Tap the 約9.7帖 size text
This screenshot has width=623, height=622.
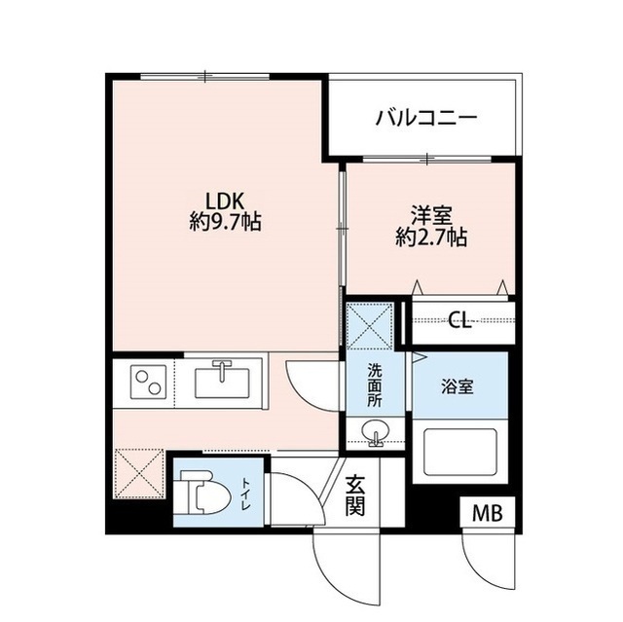[x=225, y=222]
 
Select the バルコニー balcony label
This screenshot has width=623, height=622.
[x=426, y=119]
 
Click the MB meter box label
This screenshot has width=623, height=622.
[x=489, y=514]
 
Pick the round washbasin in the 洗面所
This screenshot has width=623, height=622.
[x=375, y=433]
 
